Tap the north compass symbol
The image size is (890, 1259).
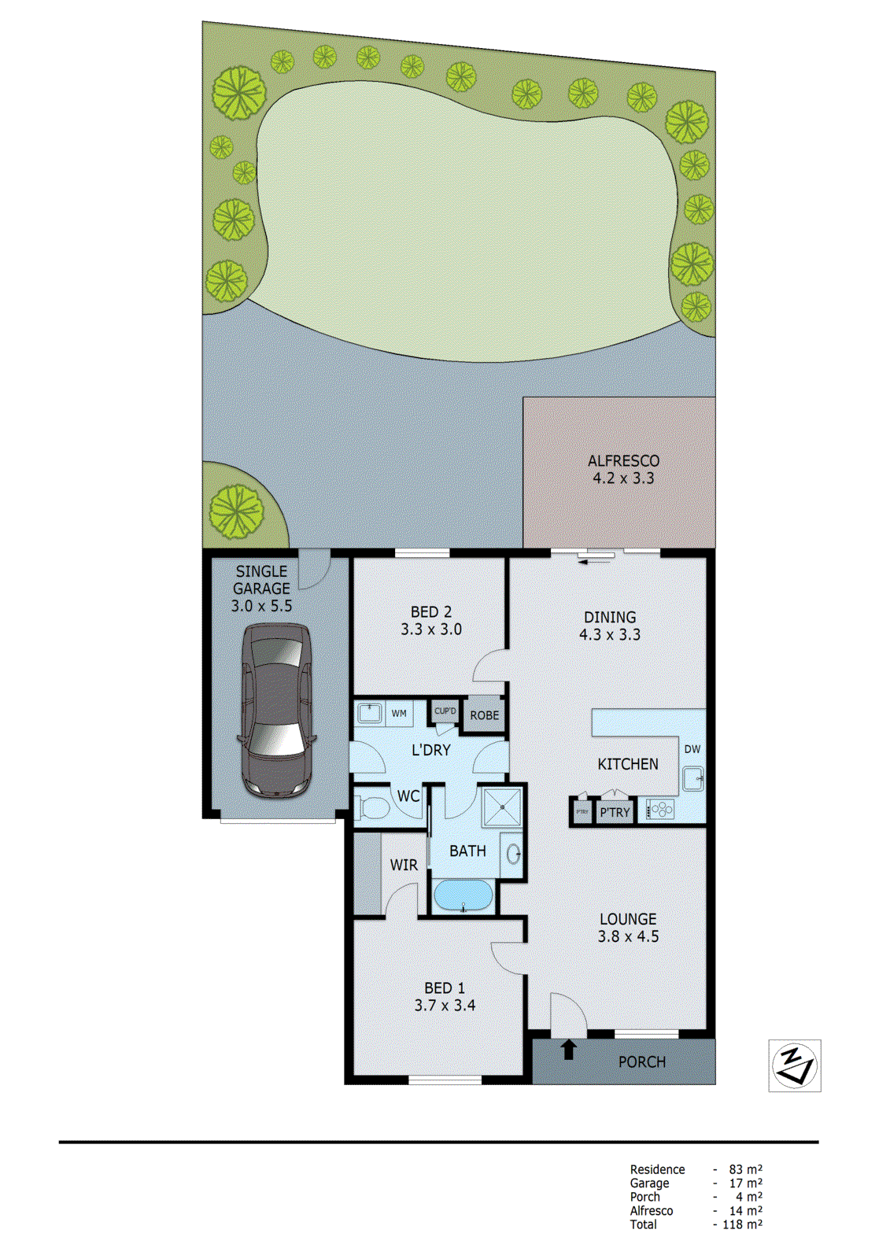[795, 1066]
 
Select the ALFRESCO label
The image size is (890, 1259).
[623, 461]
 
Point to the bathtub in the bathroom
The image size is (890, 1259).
[463, 895]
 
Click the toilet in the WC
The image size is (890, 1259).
[374, 807]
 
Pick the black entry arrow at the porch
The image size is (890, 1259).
[569, 1049]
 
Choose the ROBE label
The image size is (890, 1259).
[484, 715]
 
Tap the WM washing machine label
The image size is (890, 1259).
[399, 714]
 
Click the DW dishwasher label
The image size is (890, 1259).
[692, 749]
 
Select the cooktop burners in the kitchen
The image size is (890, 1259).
[661, 809]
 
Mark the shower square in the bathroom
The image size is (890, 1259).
[502, 807]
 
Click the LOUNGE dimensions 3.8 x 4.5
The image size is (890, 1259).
[628, 936]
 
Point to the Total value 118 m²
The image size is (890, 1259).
[742, 1224]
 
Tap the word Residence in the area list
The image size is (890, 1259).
[657, 1169]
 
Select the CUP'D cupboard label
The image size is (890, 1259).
[445, 711]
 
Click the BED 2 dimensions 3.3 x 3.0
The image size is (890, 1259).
[430, 629]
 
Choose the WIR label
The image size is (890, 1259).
[404, 865]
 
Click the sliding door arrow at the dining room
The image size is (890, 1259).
[596, 561]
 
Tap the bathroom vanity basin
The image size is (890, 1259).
[513, 853]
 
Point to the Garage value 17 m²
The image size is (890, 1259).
[745, 1183]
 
